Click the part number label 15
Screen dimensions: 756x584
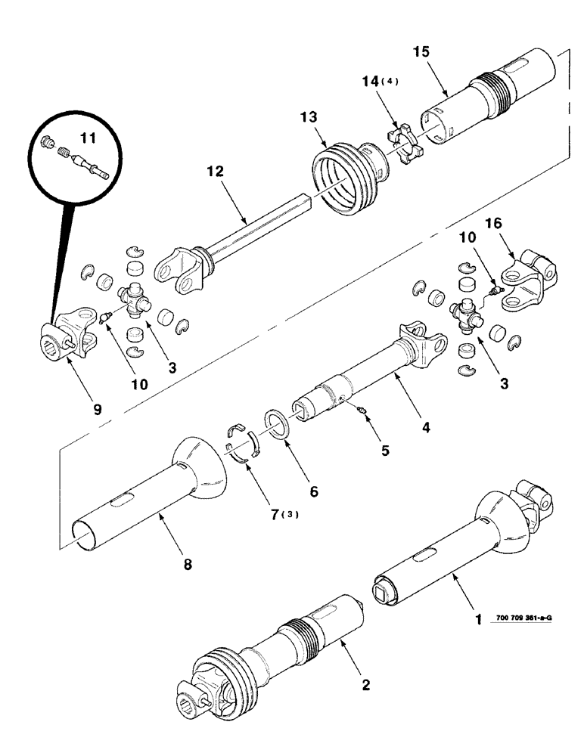(421, 52)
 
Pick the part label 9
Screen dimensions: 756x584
(97, 409)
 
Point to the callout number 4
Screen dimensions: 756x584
(426, 427)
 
